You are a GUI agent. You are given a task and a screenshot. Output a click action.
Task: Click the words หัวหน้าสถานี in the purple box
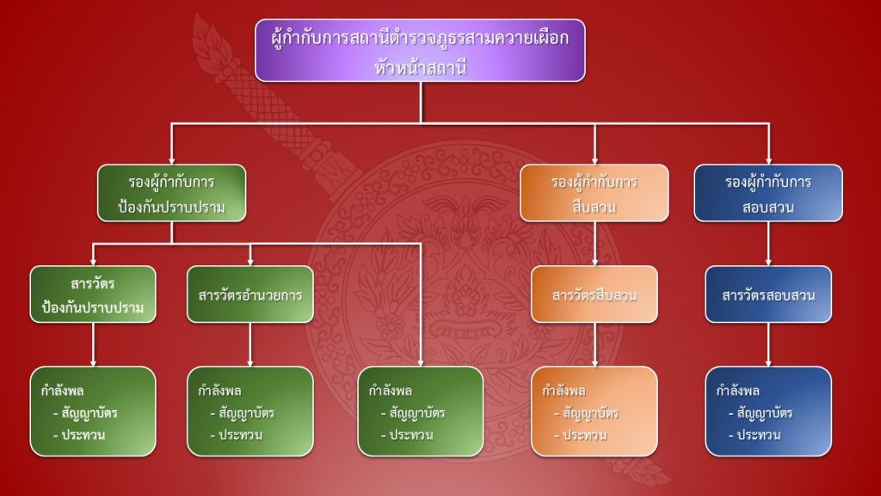coord(421,66)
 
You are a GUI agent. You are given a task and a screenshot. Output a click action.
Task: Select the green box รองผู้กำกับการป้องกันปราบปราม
coord(172,195)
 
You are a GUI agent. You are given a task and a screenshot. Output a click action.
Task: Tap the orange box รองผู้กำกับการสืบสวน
coord(595,195)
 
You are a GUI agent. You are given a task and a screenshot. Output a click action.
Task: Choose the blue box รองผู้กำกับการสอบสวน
coord(768,195)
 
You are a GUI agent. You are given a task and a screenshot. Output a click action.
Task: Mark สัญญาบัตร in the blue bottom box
coord(766,413)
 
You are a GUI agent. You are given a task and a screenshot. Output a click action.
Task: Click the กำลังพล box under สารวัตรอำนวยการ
coord(250,411)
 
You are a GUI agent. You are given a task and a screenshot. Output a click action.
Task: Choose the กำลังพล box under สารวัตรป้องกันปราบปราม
coord(93,411)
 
